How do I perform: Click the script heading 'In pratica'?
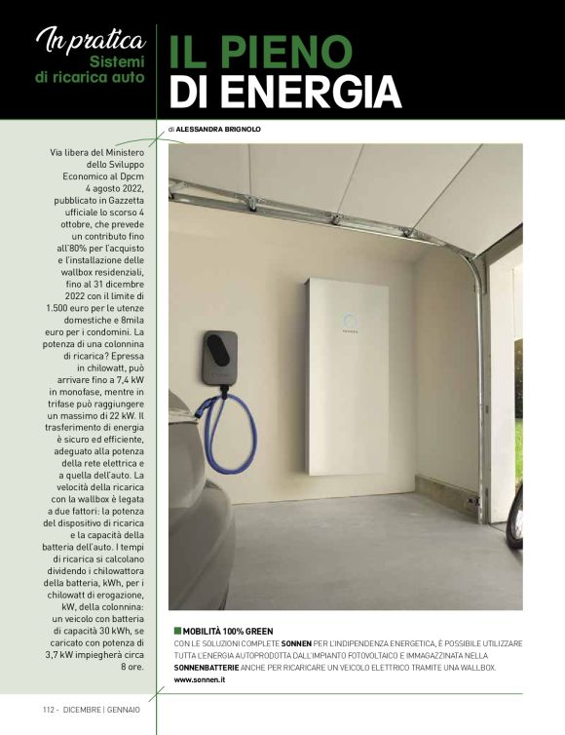89,40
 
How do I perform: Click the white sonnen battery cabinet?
347,375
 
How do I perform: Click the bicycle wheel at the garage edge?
515,512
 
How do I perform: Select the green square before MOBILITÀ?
177,631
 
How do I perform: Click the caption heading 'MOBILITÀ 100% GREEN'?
230,631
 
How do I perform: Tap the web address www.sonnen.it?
200,678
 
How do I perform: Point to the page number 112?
51,709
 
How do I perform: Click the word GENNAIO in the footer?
125,709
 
